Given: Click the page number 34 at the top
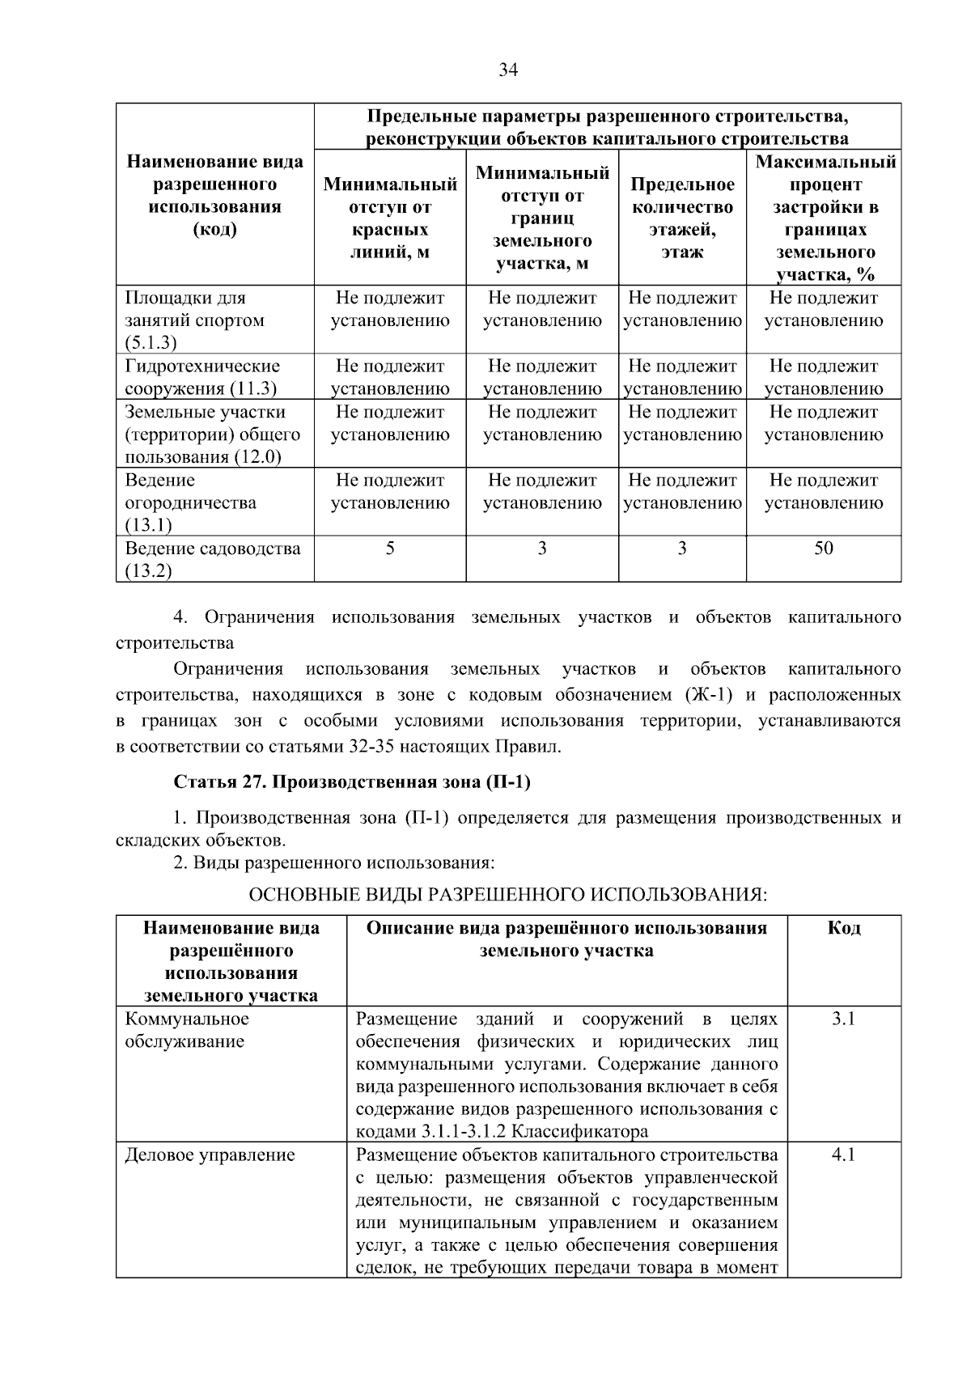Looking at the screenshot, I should pyautogui.click(x=507, y=70).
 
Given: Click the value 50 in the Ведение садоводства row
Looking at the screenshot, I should pyautogui.click(x=823, y=549).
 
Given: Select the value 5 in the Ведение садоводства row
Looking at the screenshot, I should pyautogui.click(x=390, y=549).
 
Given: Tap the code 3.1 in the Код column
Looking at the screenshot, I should pyautogui.click(x=843, y=1019).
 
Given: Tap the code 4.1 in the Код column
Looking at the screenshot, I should pyautogui.click(x=843, y=1155).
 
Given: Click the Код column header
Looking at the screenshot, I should pyautogui.click(x=843, y=928).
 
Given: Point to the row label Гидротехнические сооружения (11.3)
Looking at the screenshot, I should pyautogui.click(x=202, y=377).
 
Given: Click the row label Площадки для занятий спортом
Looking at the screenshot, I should pyautogui.click(x=194, y=320).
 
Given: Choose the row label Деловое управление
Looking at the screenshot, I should pyautogui.click(x=210, y=1155).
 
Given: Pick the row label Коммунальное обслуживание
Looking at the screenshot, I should pyautogui.click(x=186, y=1030).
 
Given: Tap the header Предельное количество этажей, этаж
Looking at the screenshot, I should pyautogui.click(x=682, y=218).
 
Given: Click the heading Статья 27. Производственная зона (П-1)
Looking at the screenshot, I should pyautogui.click(x=352, y=782).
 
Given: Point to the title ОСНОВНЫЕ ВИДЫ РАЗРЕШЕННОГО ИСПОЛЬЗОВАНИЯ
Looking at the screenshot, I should pyautogui.click(x=507, y=895).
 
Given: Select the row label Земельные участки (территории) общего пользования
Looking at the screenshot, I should pyautogui.click(x=212, y=434).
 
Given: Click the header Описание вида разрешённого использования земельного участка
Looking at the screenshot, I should pyautogui.click(x=566, y=939).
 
